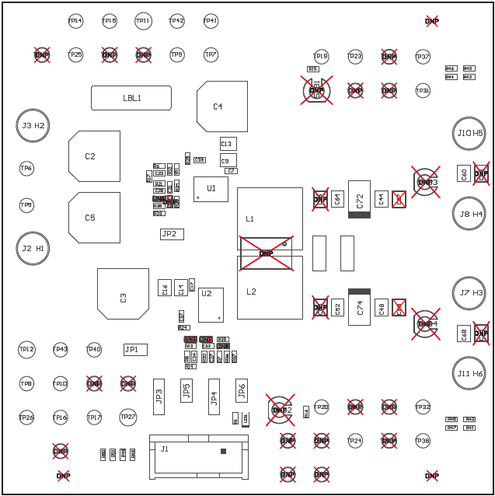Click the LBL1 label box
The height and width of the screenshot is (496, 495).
[131, 98]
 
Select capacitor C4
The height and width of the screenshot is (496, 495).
[221, 107]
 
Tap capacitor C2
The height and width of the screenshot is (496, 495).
[94, 156]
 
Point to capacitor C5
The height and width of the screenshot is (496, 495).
[94, 218]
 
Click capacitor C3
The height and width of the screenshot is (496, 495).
[123, 294]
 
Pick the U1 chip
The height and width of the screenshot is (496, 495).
[211, 189]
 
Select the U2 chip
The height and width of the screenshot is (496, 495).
[211, 305]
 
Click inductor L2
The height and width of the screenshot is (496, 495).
[270, 292]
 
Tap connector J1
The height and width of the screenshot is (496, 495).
[198, 455]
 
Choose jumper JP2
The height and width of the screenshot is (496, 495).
[172, 234]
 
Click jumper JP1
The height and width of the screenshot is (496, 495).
[135, 350]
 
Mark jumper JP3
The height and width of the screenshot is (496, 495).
[159, 396]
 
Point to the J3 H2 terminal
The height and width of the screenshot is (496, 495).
[33, 125]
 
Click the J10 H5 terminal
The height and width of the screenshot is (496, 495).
[469, 133]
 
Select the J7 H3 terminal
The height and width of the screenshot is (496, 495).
[469, 293]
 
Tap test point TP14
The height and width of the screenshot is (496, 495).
[75, 21]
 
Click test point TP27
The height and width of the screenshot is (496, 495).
[128, 417]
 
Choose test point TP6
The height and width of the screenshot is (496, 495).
[26, 168]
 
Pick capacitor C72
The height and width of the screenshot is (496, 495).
[359, 199]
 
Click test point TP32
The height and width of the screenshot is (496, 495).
[423, 407]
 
